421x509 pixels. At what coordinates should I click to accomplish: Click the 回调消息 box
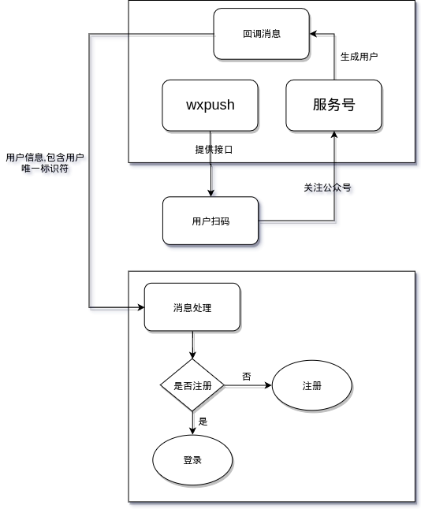261,34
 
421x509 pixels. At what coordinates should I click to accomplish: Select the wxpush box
210,106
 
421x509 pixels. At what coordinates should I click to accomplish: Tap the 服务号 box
333,106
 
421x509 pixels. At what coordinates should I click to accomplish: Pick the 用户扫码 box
210,221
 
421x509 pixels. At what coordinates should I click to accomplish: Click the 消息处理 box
192,307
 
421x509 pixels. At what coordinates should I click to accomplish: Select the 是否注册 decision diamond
192,385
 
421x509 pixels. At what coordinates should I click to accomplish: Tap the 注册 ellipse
312,385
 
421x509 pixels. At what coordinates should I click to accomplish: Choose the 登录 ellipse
192,460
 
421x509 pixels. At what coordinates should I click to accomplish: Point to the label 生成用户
359,57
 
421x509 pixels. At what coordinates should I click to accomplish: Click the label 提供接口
214,150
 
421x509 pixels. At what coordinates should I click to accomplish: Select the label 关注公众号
327,188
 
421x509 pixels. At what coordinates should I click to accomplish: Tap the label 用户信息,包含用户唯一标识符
45,163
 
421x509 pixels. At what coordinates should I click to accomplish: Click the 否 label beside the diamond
247,377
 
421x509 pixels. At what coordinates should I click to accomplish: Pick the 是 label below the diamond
203,422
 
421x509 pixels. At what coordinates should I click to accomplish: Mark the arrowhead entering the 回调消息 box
313,34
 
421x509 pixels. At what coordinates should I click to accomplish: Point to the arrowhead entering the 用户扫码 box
210,193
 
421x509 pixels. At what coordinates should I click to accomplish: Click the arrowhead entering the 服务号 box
334,135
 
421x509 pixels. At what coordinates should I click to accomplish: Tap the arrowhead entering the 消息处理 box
140,307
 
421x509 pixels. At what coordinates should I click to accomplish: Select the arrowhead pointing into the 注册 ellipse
268,385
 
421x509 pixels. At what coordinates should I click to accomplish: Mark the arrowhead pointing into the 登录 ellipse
192,431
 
